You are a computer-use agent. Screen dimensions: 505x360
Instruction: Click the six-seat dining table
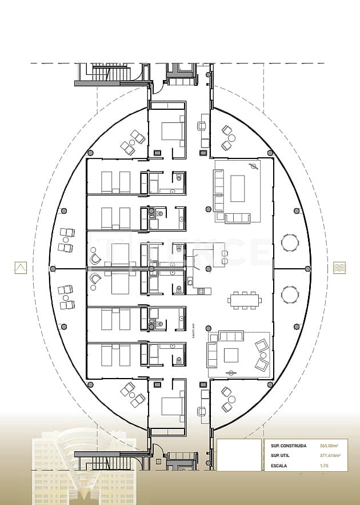click(x=245, y=299)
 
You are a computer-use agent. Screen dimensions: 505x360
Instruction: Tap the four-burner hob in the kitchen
click(x=201, y=291)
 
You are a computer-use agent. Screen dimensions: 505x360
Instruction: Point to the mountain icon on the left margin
click(x=21, y=267)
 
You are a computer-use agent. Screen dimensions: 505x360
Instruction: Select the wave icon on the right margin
click(x=339, y=267)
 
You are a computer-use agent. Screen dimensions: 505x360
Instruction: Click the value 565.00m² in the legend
click(x=330, y=446)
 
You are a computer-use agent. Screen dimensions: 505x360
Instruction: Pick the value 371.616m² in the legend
click(x=330, y=456)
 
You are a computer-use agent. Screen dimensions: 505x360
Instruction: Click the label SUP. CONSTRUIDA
click(x=289, y=446)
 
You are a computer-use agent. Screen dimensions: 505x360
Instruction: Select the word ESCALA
click(x=279, y=466)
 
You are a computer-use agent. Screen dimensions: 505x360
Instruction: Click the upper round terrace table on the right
click(x=290, y=242)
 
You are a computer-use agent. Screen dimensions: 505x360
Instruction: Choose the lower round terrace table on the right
click(x=290, y=295)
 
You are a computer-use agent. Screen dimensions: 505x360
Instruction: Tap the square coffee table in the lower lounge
click(x=231, y=355)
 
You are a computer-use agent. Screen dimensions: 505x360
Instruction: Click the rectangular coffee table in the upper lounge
click(x=237, y=188)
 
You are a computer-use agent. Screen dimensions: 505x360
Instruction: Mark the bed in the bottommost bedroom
click(x=172, y=406)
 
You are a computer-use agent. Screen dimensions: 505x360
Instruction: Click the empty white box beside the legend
click(x=239, y=455)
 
